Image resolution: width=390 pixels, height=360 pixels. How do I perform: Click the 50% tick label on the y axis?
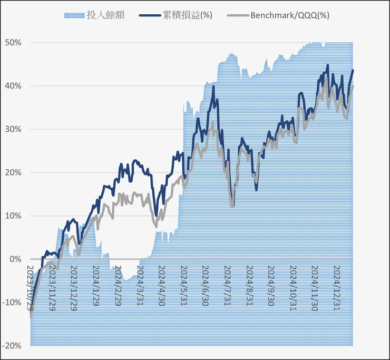point(14,43)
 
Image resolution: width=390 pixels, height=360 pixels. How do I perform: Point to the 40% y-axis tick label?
point(14,86)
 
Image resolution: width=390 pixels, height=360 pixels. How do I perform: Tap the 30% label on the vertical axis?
point(14,129)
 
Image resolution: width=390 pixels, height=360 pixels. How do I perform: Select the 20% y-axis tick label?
point(14,172)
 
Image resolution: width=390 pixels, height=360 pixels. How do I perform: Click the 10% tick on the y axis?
point(14,216)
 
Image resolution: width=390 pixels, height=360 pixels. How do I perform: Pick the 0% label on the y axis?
point(16,259)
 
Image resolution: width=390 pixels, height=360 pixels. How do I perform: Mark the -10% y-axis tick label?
point(13,303)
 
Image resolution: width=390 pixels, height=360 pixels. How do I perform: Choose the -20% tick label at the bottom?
point(13,346)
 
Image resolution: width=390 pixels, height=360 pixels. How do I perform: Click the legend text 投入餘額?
point(105,15)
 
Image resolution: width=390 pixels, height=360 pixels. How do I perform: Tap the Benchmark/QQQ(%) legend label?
point(290,15)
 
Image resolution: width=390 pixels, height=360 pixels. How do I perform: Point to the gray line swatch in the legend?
point(237,15)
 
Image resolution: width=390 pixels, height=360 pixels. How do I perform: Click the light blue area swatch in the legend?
point(73,15)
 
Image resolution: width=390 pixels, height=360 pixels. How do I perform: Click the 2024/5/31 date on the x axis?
point(183,285)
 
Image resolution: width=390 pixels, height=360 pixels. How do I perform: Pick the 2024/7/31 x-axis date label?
point(226,285)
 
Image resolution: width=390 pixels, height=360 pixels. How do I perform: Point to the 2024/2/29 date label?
point(117,285)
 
